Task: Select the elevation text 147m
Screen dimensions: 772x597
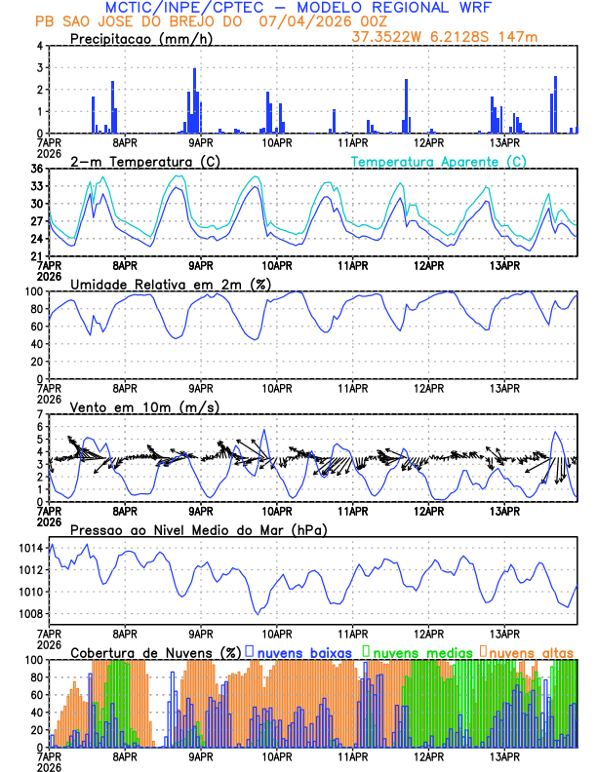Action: click(x=519, y=38)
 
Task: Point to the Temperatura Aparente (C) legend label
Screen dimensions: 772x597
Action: click(x=438, y=161)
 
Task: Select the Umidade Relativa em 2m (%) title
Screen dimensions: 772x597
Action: click(x=171, y=284)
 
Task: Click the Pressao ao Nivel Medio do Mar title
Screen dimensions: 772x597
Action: click(x=198, y=529)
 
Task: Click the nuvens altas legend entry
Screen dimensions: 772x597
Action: click(x=530, y=651)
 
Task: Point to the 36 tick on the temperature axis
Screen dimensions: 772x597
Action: click(x=36, y=169)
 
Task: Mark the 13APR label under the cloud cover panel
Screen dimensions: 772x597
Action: click(x=503, y=755)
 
